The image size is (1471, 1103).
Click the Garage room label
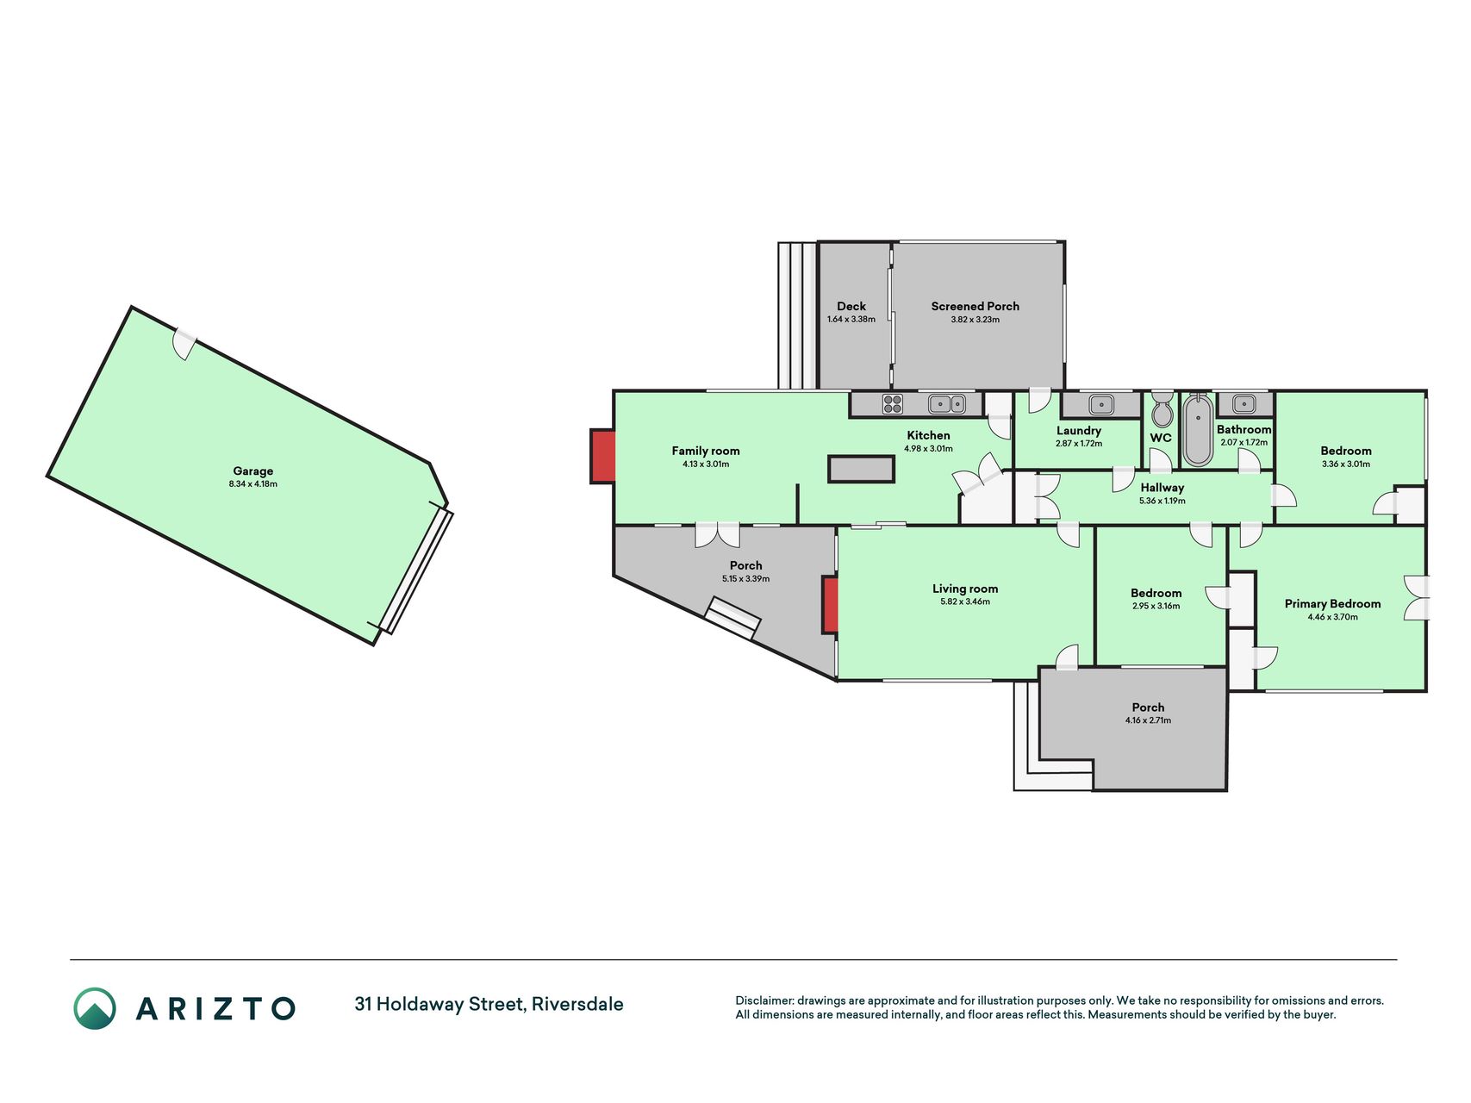tap(253, 471)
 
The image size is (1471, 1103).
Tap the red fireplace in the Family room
tap(603, 456)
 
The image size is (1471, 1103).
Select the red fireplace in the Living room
tap(831, 605)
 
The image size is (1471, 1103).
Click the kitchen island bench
tap(861, 469)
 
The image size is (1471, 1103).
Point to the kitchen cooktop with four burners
tap(893, 403)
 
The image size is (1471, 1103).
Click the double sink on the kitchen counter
tap(946, 403)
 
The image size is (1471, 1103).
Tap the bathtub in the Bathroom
tap(1197, 430)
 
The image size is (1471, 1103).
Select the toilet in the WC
tap(1162, 410)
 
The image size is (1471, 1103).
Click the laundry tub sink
tap(1100, 403)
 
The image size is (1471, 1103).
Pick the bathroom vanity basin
tap(1243, 402)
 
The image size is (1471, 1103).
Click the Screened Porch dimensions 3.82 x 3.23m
tap(975, 320)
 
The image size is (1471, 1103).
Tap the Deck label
tap(851, 306)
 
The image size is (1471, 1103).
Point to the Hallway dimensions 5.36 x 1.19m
tap(1162, 501)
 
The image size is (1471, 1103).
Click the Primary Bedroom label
tap(1332, 604)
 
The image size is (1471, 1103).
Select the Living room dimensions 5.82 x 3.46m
tap(965, 601)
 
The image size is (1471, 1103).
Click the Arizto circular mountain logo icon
tap(95, 1008)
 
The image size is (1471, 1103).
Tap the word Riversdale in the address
tap(577, 1004)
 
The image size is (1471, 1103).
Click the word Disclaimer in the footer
tap(764, 1000)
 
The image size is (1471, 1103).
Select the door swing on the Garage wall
tap(184, 343)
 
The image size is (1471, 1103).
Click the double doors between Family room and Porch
tap(717, 534)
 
